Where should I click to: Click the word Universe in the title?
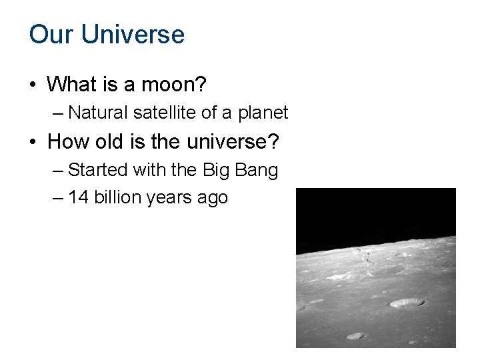133,34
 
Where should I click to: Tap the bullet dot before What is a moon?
33,85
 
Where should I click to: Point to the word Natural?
98,113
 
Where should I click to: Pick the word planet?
263,113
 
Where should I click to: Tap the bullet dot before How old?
33,141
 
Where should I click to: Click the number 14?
77,198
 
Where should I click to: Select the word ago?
212,199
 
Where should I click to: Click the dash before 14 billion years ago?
57,198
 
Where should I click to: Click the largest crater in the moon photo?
406,303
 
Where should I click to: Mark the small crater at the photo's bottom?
355,335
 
